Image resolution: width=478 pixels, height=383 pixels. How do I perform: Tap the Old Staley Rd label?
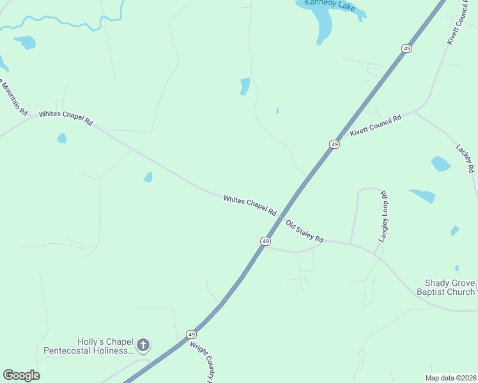(x=304, y=231)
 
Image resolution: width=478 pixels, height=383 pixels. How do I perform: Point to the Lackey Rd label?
(x=465, y=158)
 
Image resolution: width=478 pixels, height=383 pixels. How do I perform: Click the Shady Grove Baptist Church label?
(x=451, y=287)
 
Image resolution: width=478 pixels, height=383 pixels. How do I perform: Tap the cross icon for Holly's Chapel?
(x=143, y=345)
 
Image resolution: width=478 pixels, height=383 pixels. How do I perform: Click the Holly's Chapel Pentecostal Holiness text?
(x=89, y=346)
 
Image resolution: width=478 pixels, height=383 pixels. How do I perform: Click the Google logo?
(x=21, y=375)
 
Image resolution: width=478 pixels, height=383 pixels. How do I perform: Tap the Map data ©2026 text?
(x=451, y=378)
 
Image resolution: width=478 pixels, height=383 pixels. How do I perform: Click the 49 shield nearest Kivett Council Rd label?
(x=334, y=145)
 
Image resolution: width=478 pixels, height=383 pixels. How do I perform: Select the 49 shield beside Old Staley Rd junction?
(x=265, y=241)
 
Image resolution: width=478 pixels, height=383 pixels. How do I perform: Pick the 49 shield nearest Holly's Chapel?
(x=191, y=334)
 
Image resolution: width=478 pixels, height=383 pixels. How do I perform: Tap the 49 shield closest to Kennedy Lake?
(x=406, y=49)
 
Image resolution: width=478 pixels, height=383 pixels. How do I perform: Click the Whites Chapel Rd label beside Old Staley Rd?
(x=250, y=205)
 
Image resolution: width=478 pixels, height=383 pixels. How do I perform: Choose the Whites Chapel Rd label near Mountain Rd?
(x=66, y=118)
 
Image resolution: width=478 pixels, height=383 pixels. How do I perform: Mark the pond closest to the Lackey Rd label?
(x=440, y=163)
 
